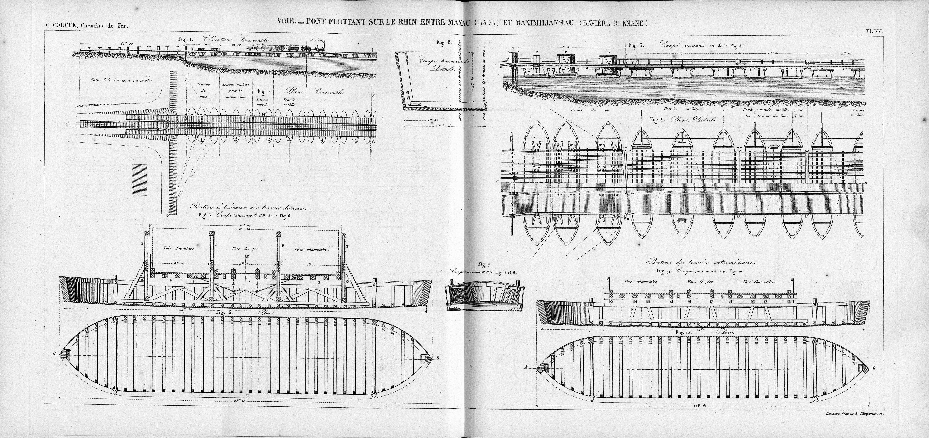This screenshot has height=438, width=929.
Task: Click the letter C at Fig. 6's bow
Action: (x=54, y=354)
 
